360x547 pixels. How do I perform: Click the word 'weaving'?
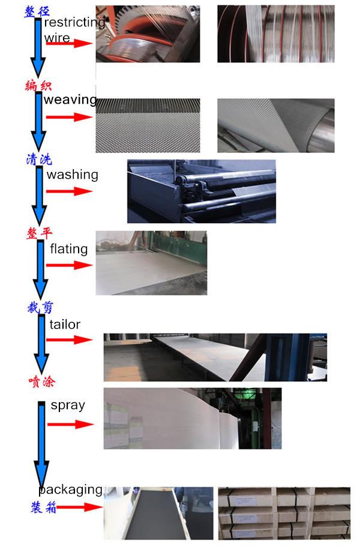(x=70, y=100)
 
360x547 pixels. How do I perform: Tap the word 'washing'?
(x=73, y=175)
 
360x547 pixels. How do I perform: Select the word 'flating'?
(x=69, y=249)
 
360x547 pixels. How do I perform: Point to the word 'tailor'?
(x=65, y=324)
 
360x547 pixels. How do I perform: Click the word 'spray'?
(x=68, y=405)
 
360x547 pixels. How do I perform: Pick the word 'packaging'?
(x=70, y=490)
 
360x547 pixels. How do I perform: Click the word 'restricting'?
(x=74, y=22)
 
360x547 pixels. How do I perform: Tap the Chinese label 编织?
(x=38, y=85)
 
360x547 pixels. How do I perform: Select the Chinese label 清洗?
(x=39, y=160)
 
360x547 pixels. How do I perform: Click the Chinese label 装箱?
(x=44, y=507)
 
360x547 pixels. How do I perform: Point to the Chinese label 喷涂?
(x=42, y=381)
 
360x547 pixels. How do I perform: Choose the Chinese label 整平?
(x=40, y=233)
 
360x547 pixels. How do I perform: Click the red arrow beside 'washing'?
(x=69, y=191)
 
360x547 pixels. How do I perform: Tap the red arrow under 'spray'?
(x=71, y=425)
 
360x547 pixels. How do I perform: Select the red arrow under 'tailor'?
(x=70, y=340)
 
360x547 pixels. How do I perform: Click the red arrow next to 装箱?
(x=79, y=507)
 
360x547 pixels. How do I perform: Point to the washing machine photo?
(x=202, y=191)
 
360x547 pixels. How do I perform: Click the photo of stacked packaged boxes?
(x=284, y=513)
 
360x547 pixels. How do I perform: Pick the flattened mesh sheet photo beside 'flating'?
(x=151, y=263)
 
